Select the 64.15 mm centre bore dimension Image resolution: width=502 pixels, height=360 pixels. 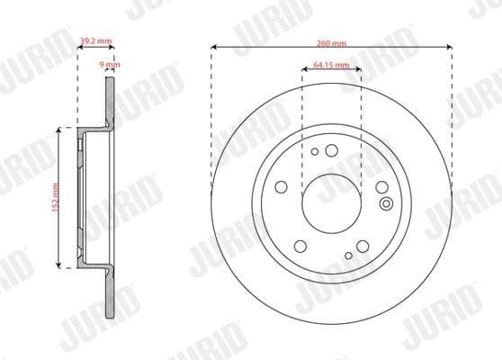(332, 65)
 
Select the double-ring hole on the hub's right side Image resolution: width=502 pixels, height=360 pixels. (386, 203)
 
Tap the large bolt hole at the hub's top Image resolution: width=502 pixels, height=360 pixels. (331, 150)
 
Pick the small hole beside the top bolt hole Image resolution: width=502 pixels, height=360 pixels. (314, 152)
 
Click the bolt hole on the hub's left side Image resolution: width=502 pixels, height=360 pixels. (281, 187)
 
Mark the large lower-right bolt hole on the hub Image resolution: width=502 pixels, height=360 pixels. (363, 246)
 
